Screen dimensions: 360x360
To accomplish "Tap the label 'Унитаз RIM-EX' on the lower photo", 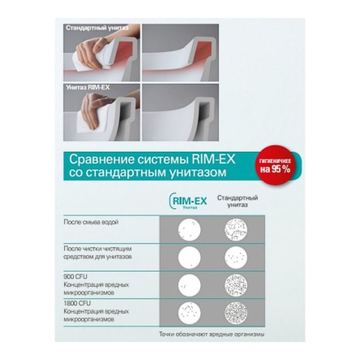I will click(x=87, y=87).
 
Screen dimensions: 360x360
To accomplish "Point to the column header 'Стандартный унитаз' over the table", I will click(x=237, y=201).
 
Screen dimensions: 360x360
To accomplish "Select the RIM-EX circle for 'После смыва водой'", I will click(x=188, y=229).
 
